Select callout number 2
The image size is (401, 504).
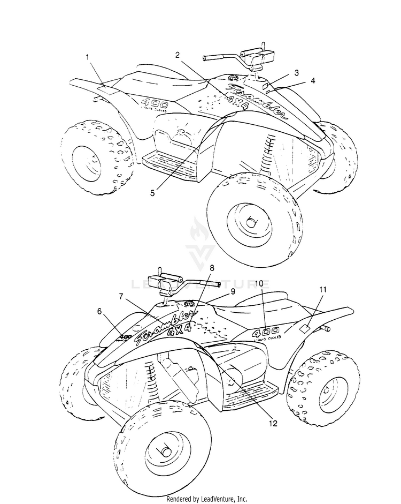[177, 55]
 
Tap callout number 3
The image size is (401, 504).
[296, 72]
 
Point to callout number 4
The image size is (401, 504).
[313, 81]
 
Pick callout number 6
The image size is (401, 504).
[99, 310]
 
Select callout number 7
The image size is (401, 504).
[121, 296]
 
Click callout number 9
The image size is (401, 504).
[233, 291]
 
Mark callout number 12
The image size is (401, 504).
[273, 423]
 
